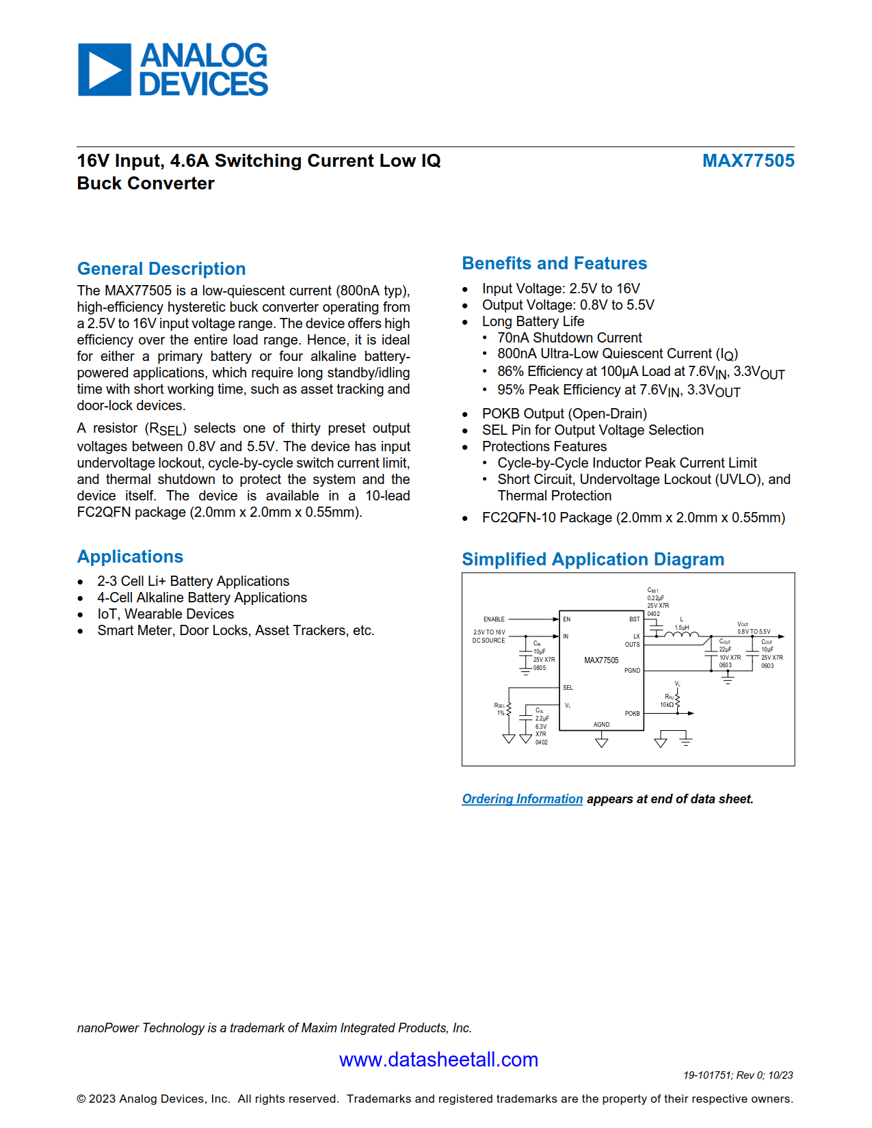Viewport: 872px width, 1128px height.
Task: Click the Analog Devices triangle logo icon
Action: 104,69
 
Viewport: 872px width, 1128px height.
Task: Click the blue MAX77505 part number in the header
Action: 748,161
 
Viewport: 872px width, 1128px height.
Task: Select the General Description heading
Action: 161,269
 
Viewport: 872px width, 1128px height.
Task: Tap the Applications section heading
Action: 130,556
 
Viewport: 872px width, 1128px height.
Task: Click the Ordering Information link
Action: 522,798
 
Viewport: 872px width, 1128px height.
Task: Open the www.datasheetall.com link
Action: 438,1060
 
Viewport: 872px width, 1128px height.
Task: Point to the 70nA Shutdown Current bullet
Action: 569,338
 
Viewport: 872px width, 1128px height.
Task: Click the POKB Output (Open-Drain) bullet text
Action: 564,414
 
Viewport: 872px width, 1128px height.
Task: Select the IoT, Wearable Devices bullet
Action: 165,614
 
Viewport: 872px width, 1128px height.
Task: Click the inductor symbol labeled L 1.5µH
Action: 681,636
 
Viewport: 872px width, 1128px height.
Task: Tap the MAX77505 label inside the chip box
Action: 601,660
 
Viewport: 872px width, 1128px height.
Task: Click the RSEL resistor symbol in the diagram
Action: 509,710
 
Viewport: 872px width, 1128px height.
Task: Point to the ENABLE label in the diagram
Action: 494,619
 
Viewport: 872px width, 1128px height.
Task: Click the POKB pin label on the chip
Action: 632,714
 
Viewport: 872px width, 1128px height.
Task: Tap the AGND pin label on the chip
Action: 601,725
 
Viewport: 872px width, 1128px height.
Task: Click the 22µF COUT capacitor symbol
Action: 712,654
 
